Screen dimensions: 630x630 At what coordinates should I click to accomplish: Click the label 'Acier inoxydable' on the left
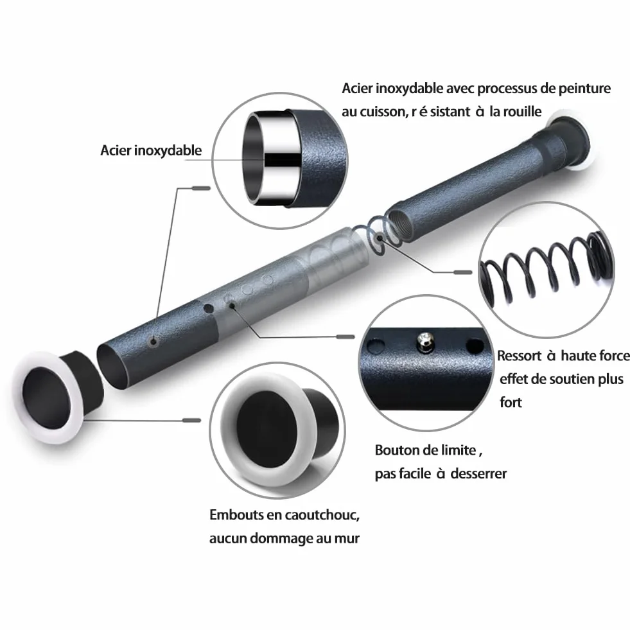coord(151,151)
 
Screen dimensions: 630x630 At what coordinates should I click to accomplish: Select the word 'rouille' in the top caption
coord(521,111)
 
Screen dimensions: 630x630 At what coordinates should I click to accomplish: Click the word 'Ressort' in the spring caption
coord(519,356)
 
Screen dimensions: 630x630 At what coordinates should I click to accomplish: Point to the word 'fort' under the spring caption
coord(511,402)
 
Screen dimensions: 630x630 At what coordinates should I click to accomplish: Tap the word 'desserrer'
coord(478,474)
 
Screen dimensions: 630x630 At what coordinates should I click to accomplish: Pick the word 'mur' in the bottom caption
coord(347,538)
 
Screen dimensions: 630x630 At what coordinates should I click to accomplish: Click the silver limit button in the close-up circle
coord(425,341)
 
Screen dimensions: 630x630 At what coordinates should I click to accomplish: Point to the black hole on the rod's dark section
coord(209,309)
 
